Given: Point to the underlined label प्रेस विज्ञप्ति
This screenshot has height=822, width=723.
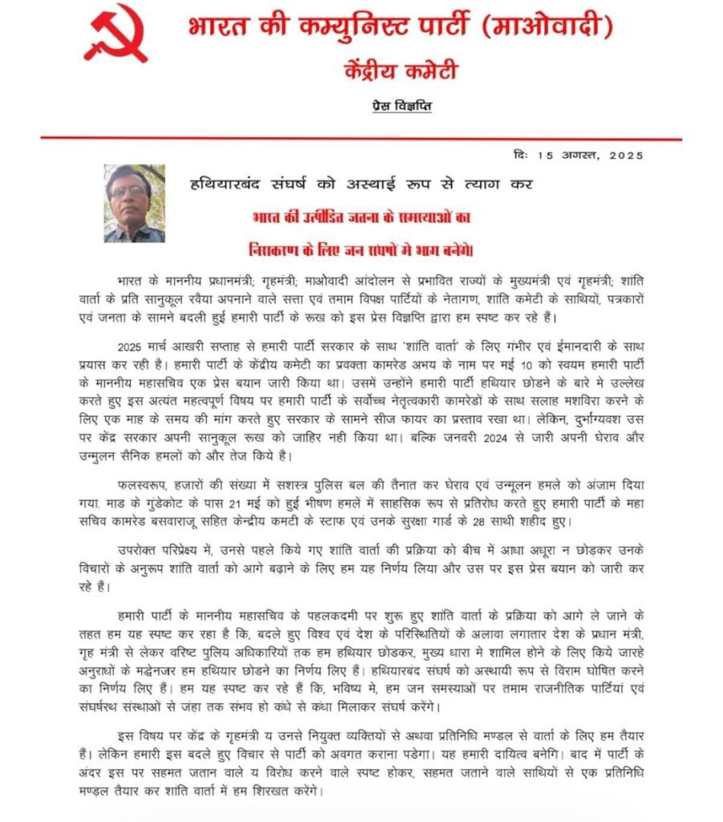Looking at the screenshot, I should [x=402, y=106].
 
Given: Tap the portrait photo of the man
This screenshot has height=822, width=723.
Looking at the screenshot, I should [x=134, y=203].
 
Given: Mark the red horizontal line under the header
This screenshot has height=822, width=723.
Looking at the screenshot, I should [x=361, y=139].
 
